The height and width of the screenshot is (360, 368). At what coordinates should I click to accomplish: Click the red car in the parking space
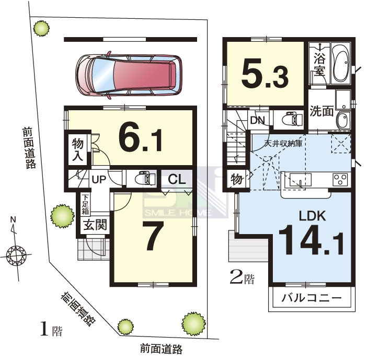coord(129,75)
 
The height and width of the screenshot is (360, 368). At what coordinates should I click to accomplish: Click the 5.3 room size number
coord(264,73)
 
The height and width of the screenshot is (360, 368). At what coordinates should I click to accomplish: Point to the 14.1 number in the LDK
coord(311,240)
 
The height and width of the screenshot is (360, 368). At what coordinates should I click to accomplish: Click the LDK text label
coord(313,216)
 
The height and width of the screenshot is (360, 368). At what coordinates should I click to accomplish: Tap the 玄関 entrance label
coord(95,225)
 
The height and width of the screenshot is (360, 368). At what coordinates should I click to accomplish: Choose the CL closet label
coord(177,180)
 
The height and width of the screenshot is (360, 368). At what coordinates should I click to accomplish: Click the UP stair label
coord(99,180)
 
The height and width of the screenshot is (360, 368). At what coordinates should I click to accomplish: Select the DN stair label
coord(258,120)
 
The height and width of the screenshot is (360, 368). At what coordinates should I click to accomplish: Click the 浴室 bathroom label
coord(319,64)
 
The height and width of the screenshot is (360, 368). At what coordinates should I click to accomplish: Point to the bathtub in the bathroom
coord(341,63)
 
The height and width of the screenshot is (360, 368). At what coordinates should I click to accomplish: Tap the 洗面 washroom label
coord(321,111)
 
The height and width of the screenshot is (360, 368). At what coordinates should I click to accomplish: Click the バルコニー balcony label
coord(312,298)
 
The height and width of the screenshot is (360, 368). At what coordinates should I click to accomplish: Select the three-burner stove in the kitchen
coord(340,180)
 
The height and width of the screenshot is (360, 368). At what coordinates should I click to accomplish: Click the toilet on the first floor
coord(145,179)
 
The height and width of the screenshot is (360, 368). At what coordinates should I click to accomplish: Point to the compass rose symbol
coord(16,255)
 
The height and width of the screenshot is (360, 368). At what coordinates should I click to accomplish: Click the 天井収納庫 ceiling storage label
coord(283,143)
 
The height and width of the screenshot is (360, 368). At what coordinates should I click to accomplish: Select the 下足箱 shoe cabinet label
coord(85,204)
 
